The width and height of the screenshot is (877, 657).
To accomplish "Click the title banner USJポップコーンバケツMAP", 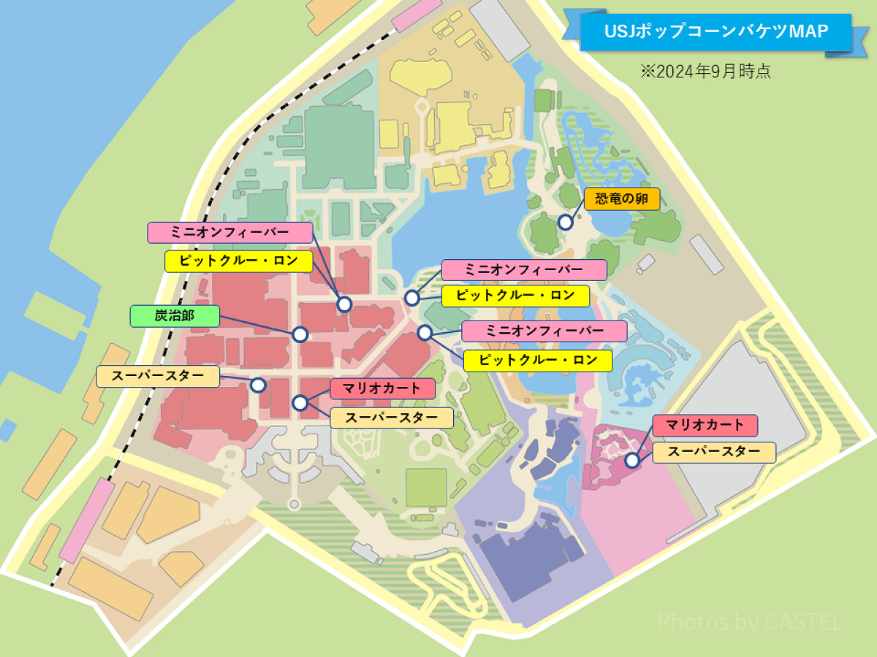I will [716, 31].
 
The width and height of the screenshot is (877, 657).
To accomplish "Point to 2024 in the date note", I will [674, 72].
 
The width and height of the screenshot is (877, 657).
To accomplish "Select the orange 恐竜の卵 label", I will [622, 199].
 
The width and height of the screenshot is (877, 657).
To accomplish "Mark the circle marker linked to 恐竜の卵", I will [565, 221].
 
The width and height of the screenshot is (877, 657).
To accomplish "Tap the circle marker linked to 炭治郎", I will [300, 334].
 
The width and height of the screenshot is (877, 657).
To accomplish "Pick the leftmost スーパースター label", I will [158, 377].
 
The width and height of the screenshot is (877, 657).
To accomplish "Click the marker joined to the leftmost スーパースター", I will [258, 385].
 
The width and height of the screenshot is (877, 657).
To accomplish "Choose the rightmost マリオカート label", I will [705, 425].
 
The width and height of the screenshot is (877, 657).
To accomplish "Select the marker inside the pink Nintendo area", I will [632, 460].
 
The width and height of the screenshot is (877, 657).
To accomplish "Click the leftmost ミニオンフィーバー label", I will [230, 233].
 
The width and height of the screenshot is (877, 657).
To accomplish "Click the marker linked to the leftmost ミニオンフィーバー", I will [344, 304].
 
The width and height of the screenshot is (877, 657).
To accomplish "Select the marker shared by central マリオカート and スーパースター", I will [300, 403].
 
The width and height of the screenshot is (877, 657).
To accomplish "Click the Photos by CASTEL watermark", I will [750, 622].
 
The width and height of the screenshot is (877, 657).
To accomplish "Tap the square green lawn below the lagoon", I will [426, 487].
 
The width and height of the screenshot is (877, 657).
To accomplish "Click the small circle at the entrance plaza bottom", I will [294, 504].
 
